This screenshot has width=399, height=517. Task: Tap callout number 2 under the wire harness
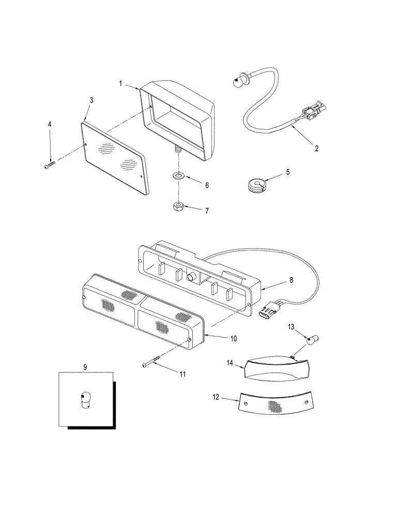pyautogui.click(x=317, y=148)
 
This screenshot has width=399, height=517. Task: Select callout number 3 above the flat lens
pyautogui.click(x=91, y=100)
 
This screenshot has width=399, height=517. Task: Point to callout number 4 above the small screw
pyautogui.click(x=50, y=125)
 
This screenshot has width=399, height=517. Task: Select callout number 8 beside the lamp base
pyautogui.click(x=291, y=280)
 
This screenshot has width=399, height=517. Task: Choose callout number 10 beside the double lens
pyautogui.click(x=234, y=339)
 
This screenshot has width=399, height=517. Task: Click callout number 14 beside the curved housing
pyautogui.click(x=229, y=363)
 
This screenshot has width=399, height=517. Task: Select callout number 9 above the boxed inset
pyautogui.click(x=85, y=366)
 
